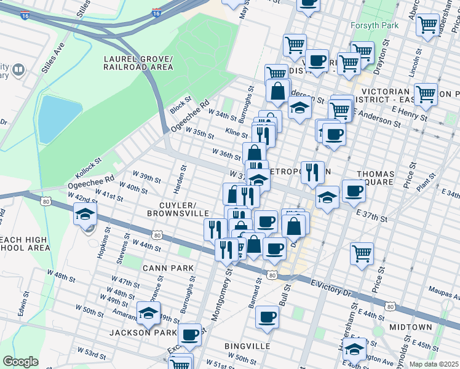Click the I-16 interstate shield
coord(156,12)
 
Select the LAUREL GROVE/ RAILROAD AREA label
coord(138,63)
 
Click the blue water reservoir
coord(59,117)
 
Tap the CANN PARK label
coord(168,268)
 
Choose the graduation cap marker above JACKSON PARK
coord(148,314)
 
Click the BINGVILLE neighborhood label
coord(248,346)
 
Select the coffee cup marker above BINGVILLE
coord(267,317)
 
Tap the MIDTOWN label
coord(410,327)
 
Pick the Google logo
coord(20,362)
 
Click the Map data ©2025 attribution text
coord(434,364)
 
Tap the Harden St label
coord(182,175)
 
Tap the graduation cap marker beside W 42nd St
coord(85,215)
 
